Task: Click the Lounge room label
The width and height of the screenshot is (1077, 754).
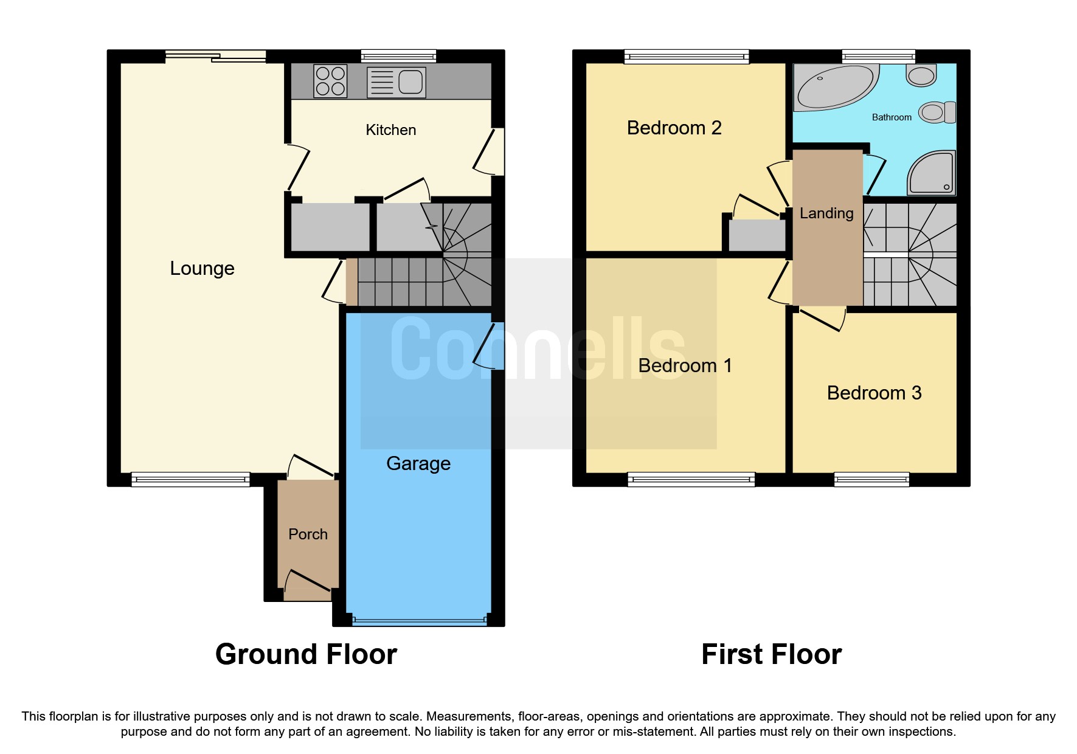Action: (x=202, y=268)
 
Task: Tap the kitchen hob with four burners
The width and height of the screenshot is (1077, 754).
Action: (x=330, y=81)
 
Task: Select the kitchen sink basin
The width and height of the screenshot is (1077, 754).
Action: (x=410, y=81)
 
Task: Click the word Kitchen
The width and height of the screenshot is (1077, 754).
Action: (x=390, y=130)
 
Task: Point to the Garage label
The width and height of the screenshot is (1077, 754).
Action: (x=418, y=463)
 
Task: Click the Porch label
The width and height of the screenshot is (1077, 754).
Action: (x=308, y=534)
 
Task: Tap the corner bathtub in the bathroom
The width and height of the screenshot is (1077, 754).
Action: (x=834, y=87)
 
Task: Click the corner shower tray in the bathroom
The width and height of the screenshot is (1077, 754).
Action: (x=932, y=173)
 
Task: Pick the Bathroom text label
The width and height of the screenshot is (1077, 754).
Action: (x=892, y=117)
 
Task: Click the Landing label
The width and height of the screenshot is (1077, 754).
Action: (x=826, y=213)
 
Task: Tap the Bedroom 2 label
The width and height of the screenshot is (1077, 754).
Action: (x=674, y=128)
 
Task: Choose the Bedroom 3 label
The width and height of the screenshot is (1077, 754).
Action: (x=874, y=393)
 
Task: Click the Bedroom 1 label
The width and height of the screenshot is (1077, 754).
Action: (x=685, y=365)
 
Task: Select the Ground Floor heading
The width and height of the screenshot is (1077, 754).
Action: (x=306, y=654)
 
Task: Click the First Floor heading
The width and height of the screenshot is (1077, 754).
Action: (x=771, y=654)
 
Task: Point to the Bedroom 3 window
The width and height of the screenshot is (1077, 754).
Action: (x=871, y=480)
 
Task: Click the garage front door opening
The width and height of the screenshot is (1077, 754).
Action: (x=419, y=621)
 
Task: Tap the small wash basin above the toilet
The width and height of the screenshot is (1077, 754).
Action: (x=921, y=75)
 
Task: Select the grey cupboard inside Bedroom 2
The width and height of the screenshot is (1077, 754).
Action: (x=757, y=235)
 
